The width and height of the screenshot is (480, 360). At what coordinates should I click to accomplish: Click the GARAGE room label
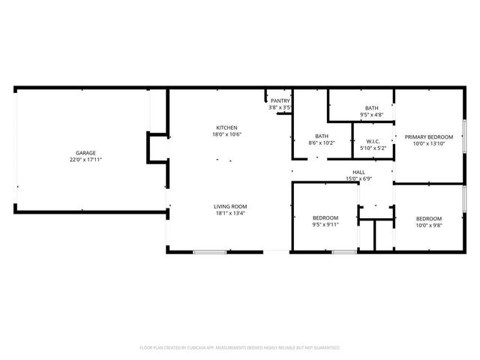[x=85, y=152]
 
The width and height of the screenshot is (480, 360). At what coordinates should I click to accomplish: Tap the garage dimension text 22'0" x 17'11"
[x=85, y=159]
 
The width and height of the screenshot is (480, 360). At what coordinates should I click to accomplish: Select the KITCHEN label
[x=226, y=127]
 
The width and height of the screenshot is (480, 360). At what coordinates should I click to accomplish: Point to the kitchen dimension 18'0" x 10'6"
[x=226, y=134]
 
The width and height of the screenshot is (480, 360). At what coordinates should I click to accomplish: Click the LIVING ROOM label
[x=230, y=206]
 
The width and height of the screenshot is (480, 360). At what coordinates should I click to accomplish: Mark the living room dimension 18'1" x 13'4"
[x=230, y=213]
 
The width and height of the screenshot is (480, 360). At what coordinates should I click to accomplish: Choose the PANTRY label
[x=280, y=100]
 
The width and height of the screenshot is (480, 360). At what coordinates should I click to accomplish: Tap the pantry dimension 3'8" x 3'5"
[x=280, y=107]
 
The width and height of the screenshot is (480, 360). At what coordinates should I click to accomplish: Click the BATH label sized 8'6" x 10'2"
[x=322, y=136]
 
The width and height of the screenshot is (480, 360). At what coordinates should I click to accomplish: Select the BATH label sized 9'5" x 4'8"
[x=371, y=108]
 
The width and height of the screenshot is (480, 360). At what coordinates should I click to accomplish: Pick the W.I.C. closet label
[x=372, y=141]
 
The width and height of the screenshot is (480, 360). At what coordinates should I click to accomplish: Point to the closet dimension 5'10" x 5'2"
[x=372, y=148]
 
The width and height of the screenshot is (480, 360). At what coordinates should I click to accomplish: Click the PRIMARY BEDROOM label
[x=430, y=136]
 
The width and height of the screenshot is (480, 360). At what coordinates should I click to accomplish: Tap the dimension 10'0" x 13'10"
[x=430, y=143]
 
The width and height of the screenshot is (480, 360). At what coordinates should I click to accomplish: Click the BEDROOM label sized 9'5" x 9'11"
[x=325, y=217]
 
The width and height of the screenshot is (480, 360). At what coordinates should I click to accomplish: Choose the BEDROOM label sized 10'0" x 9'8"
[x=429, y=217]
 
